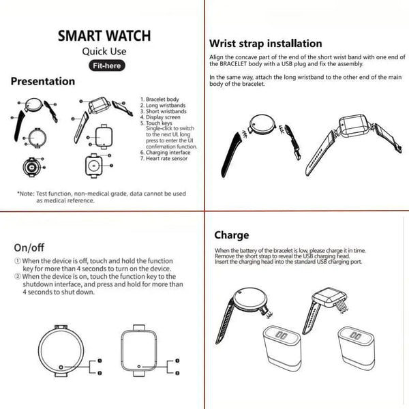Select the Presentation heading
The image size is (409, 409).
[x=43, y=82]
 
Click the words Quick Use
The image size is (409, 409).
[x=104, y=51]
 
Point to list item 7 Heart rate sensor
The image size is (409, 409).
[x=163, y=158]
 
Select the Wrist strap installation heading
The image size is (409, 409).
[x=265, y=44]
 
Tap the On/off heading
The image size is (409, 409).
[x=29, y=247]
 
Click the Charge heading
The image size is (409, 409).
[x=232, y=236]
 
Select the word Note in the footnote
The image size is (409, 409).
[x=30, y=194]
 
